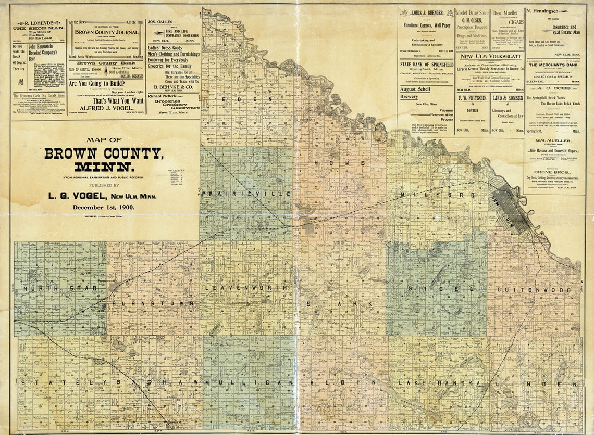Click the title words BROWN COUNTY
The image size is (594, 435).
(103, 154)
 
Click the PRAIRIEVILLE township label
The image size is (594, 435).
(244, 194)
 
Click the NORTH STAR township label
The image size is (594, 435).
(57, 288)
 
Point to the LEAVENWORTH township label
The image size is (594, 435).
(245, 288)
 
